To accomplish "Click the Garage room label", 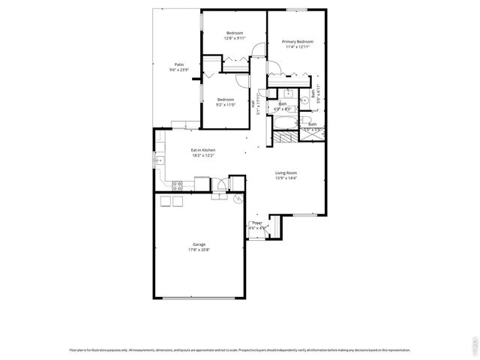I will [x=199, y=244].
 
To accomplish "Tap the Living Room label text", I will [x=286, y=173].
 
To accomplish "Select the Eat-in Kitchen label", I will [x=203, y=151].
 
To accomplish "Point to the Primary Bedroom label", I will [x=297, y=41].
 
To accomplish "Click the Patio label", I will [x=180, y=65].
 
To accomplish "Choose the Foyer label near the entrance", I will [x=256, y=223].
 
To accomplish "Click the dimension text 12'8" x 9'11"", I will [x=235, y=39].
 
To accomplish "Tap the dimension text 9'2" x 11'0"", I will [x=226, y=105].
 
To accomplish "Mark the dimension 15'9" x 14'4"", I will [x=286, y=178].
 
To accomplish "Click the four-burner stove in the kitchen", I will [x=178, y=184].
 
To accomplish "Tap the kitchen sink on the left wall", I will [x=158, y=160].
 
